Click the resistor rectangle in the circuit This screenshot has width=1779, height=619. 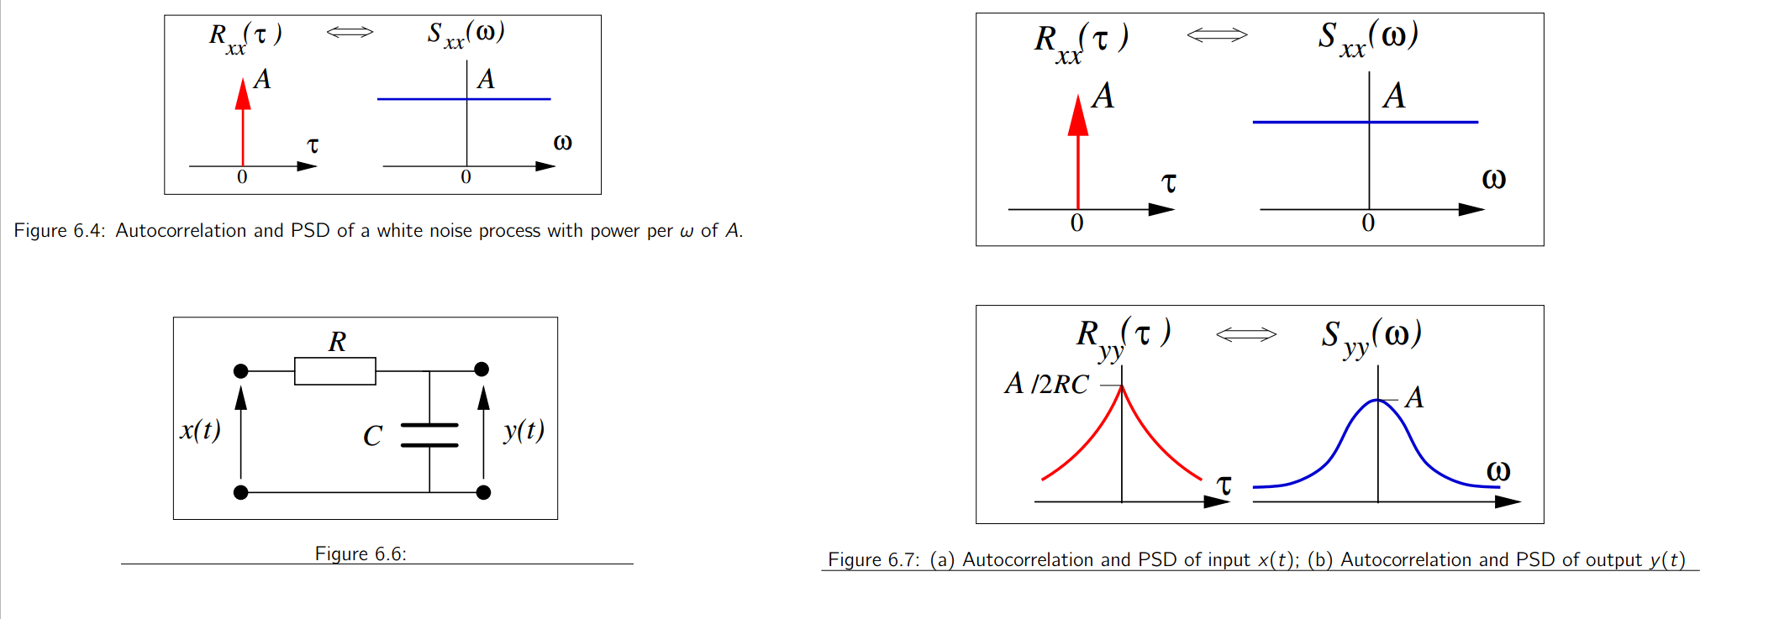click(334, 370)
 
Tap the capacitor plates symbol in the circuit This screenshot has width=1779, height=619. click(429, 435)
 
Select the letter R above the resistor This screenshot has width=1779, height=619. click(337, 341)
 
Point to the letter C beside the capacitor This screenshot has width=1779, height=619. click(372, 436)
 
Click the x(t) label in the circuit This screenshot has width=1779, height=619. click(200, 430)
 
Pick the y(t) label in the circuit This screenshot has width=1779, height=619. click(524, 430)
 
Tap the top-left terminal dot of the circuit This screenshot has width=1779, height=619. click(241, 370)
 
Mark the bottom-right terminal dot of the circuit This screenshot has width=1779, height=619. click(483, 492)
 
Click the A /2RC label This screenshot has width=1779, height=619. click(1046, 384)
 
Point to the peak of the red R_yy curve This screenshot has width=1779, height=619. click(1122, 386)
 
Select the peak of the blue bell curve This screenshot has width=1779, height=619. click(1378, 401)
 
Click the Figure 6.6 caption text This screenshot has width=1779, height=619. click(361, 553)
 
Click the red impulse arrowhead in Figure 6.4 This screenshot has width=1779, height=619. click(243, 95)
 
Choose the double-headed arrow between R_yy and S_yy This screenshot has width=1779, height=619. click(1246, 335)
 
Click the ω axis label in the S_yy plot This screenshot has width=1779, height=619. click(1498, 471)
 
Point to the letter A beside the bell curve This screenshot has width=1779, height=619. click(1414, 397)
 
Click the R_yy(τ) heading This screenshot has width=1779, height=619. click(1124, 336)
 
